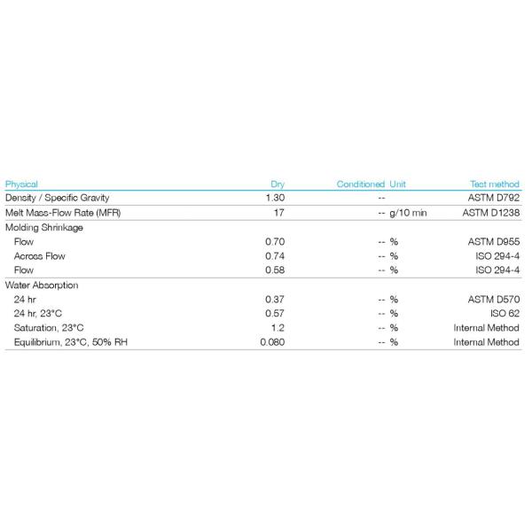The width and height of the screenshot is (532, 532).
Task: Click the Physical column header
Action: click(21, 184)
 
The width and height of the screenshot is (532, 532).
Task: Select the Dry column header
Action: click(278, 184)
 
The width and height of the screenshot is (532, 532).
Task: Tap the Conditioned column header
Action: click(361, 184)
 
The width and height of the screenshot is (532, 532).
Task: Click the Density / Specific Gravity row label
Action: click(58, 198)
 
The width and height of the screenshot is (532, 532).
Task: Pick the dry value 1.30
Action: click(275, 198)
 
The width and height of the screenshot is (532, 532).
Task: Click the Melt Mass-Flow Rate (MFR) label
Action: click(64, 213)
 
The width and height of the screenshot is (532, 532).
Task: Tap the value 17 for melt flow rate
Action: click(278, 213)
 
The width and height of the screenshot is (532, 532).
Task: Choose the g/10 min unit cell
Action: click(409, 213)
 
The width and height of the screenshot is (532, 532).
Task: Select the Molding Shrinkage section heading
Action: click(44, 228)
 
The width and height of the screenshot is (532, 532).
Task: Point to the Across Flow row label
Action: click(40, 256)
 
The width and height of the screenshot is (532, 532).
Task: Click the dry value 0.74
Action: click(275, 256)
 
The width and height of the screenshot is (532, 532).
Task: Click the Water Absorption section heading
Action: click(43, 286)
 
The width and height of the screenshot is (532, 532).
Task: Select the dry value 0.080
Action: click(272, 342)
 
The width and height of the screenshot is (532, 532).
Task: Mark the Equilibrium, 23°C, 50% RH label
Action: click(70, 342)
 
